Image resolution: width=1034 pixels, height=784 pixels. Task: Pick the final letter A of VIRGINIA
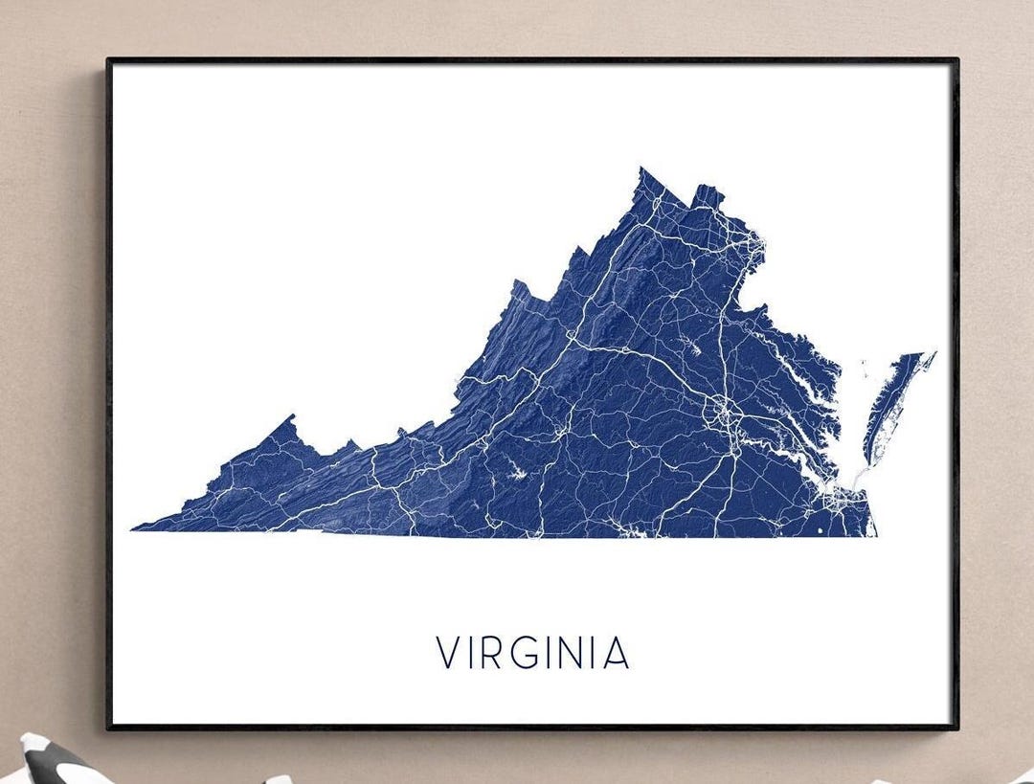tap(616, 653)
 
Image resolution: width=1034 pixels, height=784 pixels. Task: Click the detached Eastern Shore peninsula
tap(890, 402)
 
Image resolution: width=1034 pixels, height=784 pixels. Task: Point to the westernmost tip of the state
tap(134, 527)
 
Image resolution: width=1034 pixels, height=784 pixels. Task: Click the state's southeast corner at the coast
tap(875, 534)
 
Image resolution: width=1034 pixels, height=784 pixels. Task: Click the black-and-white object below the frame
tap(53, 762)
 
